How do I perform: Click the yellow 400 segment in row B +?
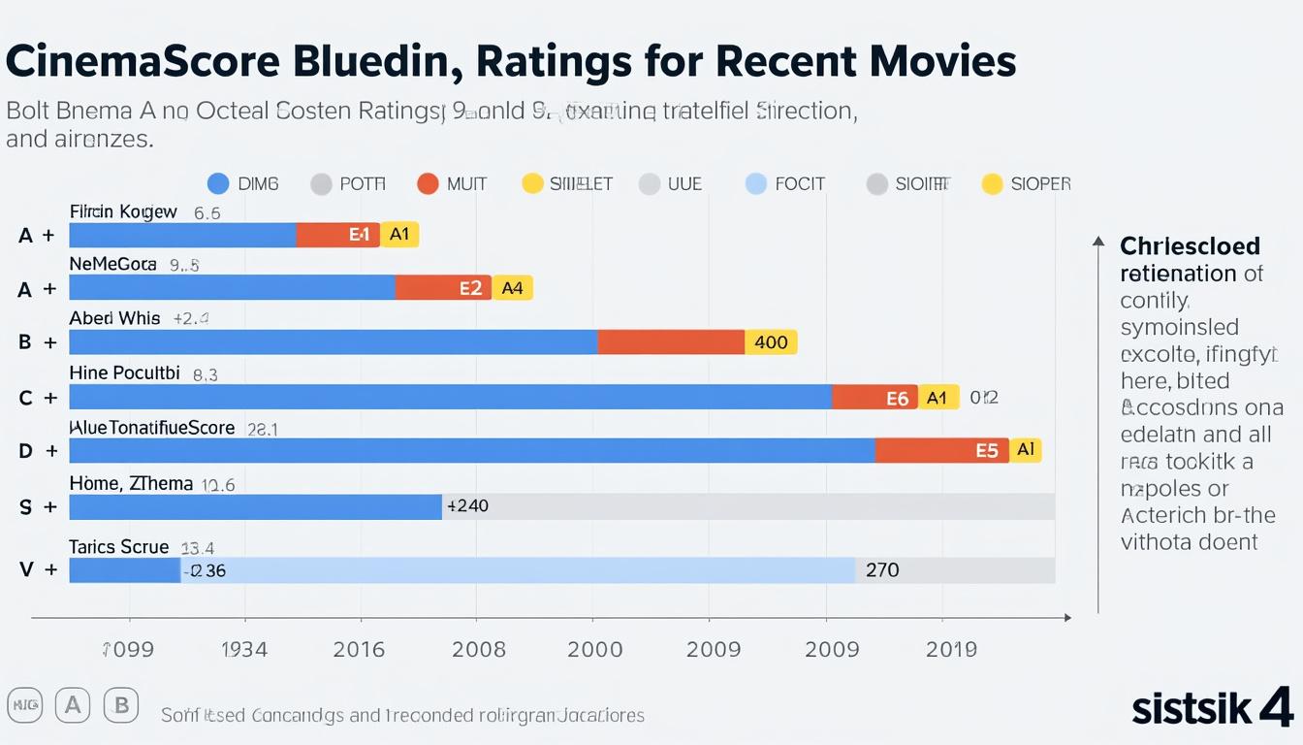point(771,342)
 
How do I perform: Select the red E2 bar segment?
point(444,287)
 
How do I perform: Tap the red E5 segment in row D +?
point(942,450)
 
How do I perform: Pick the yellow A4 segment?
point(513,287)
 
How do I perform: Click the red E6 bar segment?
point(874,397)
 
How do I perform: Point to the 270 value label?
point(882,570)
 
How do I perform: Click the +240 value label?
point(467,505)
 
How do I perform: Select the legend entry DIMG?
point(243,183)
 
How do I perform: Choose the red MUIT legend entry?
point(452,183)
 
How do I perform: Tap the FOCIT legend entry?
point(785,183)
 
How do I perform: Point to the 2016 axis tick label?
point(361,650)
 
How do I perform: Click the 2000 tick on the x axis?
point(594,650)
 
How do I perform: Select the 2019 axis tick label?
point(951,650)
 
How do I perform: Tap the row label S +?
point(37,506)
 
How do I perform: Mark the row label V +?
point(37,570)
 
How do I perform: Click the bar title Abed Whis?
point(114,318)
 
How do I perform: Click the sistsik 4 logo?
point(1212,707)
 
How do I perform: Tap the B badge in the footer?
point(121,705)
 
